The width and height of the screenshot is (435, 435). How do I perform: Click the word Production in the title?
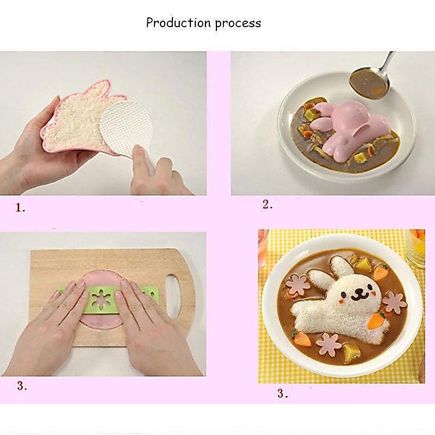point(179,23)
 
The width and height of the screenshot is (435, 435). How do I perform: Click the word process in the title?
point(238,23)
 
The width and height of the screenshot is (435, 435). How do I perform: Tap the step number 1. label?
point(20,208)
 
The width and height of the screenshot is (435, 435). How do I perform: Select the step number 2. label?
point(268,205)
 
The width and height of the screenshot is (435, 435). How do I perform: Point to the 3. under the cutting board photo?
point(22,386)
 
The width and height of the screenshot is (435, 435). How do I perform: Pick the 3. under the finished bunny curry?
point(282,393)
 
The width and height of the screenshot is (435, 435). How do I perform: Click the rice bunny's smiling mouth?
point(359,295)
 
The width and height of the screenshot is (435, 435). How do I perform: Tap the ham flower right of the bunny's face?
point(395,302)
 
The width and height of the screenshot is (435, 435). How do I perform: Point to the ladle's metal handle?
point(387,63)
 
